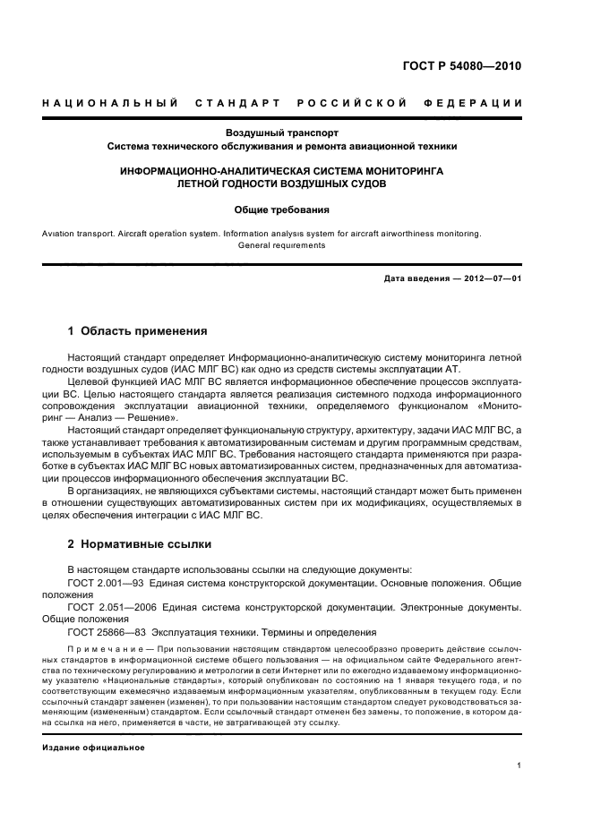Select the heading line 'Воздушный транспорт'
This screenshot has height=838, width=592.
coord(281,132)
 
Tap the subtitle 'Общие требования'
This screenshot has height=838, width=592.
coord(281,210)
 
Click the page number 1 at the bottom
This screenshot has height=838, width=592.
coord(519,765)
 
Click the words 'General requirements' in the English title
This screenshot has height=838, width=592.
coord(281,244)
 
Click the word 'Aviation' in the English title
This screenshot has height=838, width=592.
coord(58,234)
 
